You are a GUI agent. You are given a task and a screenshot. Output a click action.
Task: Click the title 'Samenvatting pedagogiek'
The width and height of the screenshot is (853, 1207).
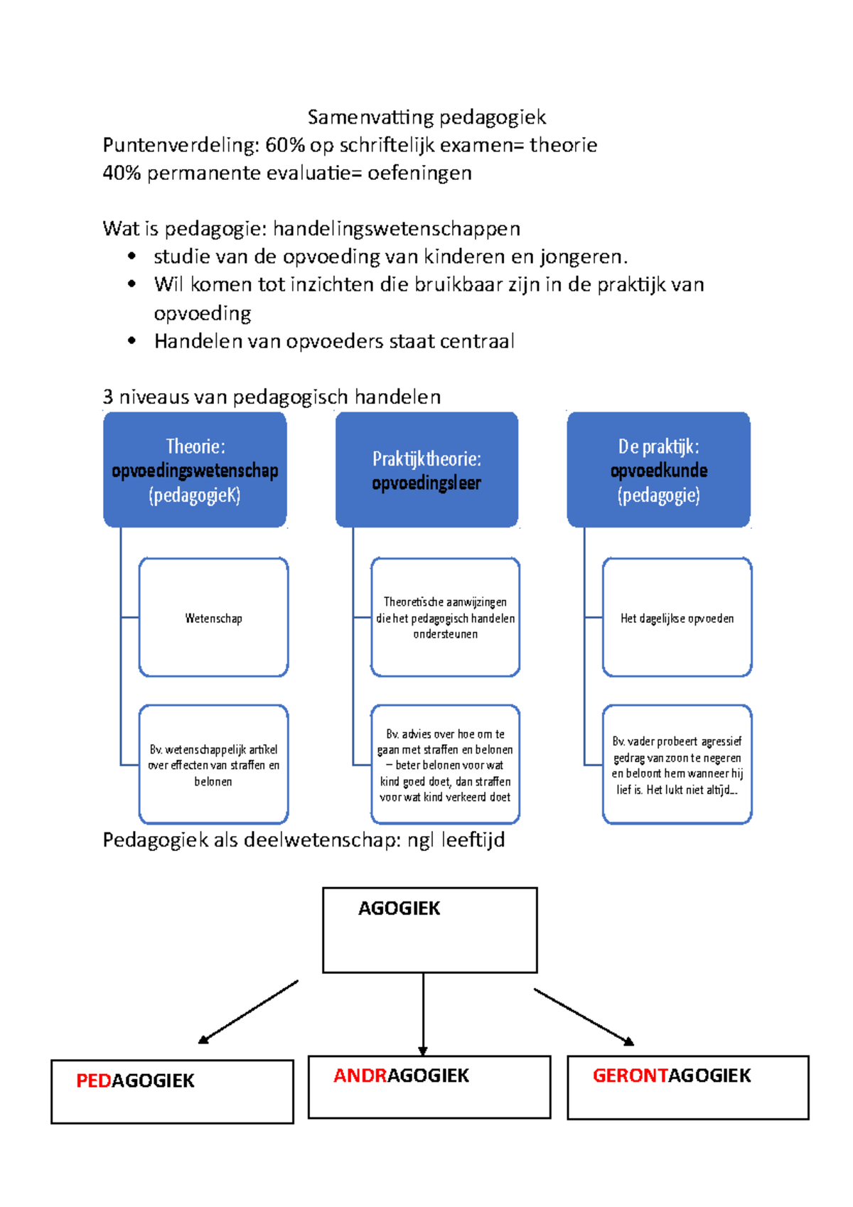(x=426, y=117)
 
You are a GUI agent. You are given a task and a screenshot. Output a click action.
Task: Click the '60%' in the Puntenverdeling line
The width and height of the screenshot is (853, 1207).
(x=284, y=145)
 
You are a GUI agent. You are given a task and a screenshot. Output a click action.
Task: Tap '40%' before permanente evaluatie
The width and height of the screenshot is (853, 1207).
(x=122, y=173)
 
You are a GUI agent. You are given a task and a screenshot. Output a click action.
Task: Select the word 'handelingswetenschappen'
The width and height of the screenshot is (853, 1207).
(x=397, y=229)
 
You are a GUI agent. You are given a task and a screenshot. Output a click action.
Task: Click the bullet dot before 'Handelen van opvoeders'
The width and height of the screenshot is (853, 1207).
(x=132, y=341)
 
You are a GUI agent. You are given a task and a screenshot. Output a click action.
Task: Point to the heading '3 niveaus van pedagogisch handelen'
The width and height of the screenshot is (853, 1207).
(x=272, y=397)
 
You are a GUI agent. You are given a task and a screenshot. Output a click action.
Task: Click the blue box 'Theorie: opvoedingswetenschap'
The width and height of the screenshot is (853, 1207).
(x=195, y=470)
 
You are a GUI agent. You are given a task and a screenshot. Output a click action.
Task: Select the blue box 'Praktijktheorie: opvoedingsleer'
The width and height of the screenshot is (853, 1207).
(x=426, y=470)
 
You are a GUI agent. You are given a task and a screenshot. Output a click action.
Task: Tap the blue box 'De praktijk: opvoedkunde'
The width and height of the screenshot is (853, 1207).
(x=658, y=470)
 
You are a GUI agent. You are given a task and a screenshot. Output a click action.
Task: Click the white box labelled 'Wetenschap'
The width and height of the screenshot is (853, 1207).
(x=213, y=618)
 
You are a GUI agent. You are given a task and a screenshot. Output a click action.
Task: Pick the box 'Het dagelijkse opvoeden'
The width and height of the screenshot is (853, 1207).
(x=677, y=618)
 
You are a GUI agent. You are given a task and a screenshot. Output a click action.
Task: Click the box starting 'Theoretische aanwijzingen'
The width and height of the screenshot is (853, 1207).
(x=445, y=618)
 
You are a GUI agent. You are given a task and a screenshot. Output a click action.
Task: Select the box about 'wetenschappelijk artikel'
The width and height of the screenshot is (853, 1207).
(x=213, y=765)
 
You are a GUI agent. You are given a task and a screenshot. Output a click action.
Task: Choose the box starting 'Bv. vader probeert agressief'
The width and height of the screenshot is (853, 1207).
(x=677, y=765)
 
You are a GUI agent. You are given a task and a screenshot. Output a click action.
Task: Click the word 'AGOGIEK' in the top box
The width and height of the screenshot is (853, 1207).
(x=399, y=908)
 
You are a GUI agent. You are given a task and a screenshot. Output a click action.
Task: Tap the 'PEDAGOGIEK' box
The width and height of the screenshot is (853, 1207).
(x=172, y=1091)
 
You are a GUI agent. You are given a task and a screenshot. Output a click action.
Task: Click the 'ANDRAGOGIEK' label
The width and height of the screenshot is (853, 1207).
(x=401, y=1075)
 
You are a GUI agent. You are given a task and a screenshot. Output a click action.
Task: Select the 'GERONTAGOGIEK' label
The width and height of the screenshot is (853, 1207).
(x=672, y=1075)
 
